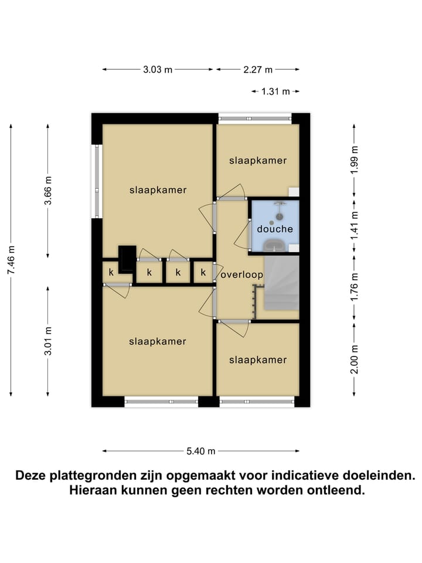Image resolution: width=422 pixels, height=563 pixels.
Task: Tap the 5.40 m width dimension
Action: pyautogui.click(x=201, y=451)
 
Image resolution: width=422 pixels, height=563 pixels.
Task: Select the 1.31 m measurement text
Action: pyautogui.click(x=275, y=91)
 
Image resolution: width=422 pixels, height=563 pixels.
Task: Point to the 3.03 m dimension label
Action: pyautogui.click(x=158, y=69)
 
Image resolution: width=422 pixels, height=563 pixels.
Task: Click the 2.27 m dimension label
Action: pyautogui.click(x=258, y=69)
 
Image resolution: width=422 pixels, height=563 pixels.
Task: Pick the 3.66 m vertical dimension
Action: pyautogui.click(x=48, y=191)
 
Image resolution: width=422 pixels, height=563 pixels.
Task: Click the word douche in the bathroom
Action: pyautogui.click(x=274, y=229)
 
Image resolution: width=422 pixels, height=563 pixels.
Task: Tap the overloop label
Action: pyautogui.click(x=241, y=274)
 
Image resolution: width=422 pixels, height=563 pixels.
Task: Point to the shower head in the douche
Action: pyautogui.click(x=280, y=205)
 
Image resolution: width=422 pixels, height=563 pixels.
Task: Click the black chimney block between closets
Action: pyautogui.click(x=127, y=259)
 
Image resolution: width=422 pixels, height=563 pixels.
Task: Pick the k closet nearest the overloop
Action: pyautogui.click(x=203, y=272)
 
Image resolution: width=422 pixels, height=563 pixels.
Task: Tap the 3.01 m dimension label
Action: pyautogui.click(x=48, y=341)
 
